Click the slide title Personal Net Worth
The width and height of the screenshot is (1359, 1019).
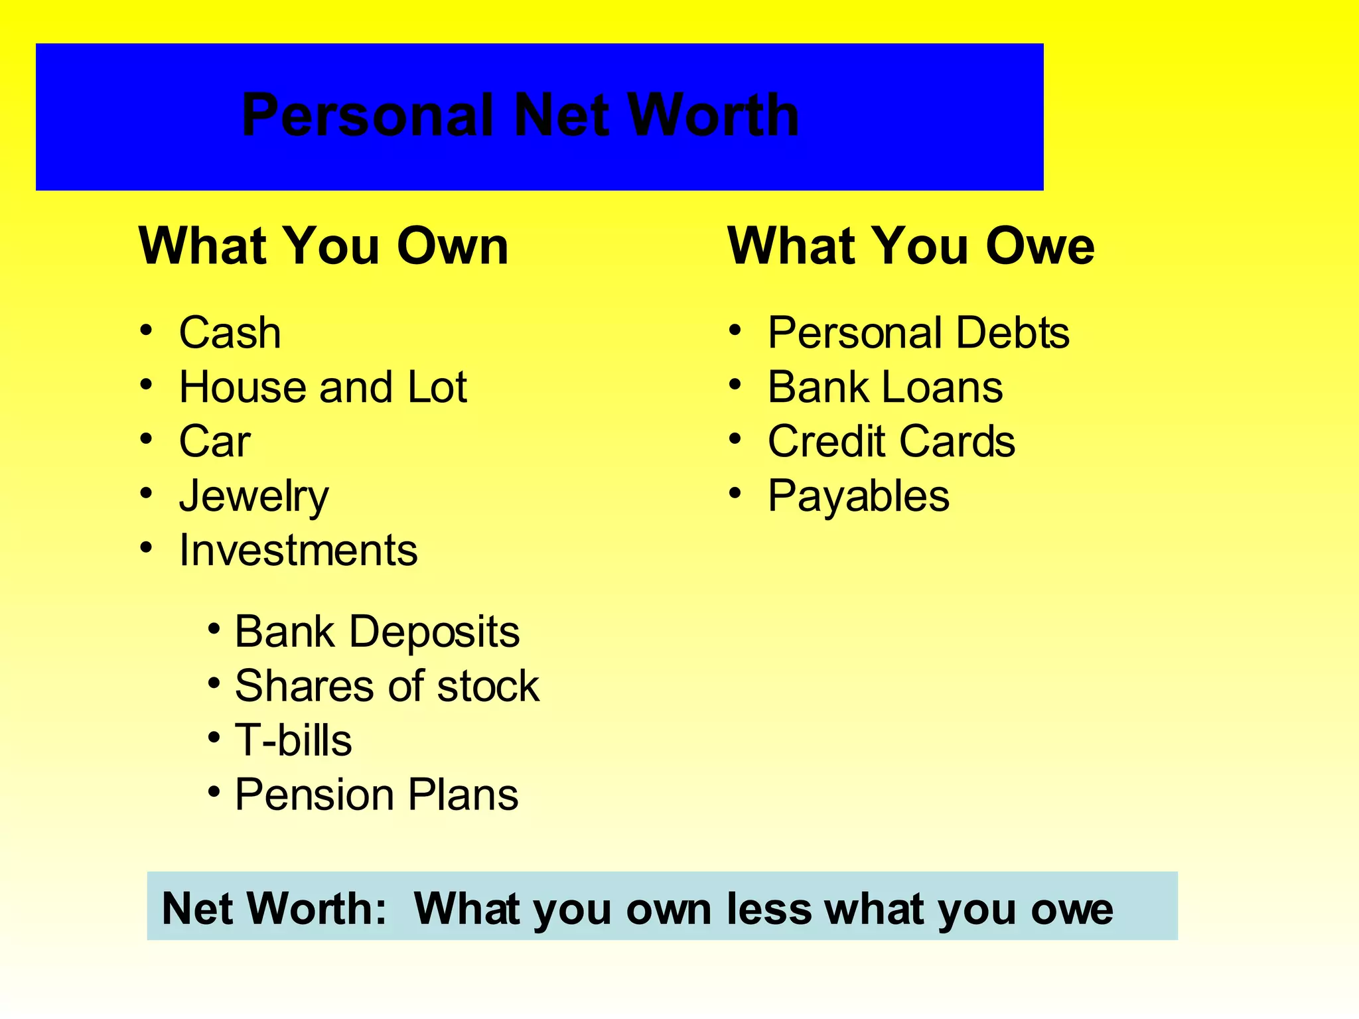(x=520, y=115)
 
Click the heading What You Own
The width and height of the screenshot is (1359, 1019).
(x=323, y=246)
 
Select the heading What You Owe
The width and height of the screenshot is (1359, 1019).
(x=910, y=246)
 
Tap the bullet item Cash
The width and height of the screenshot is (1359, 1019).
(x=230, y=332)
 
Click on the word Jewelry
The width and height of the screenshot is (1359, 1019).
(x=253, y=496)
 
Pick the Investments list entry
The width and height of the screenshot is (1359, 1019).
(x=298, y=550)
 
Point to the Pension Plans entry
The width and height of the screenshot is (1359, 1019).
(x=376, y=794)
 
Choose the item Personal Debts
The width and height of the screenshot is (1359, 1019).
(x=918, y=332)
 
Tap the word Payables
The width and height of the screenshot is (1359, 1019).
(x=859, y=496)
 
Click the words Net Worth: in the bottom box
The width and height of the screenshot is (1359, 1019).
(x=274, y=908)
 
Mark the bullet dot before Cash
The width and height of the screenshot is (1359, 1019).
(x=147, y=330)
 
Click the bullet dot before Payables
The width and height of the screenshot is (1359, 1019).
(x=735, y=494)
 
